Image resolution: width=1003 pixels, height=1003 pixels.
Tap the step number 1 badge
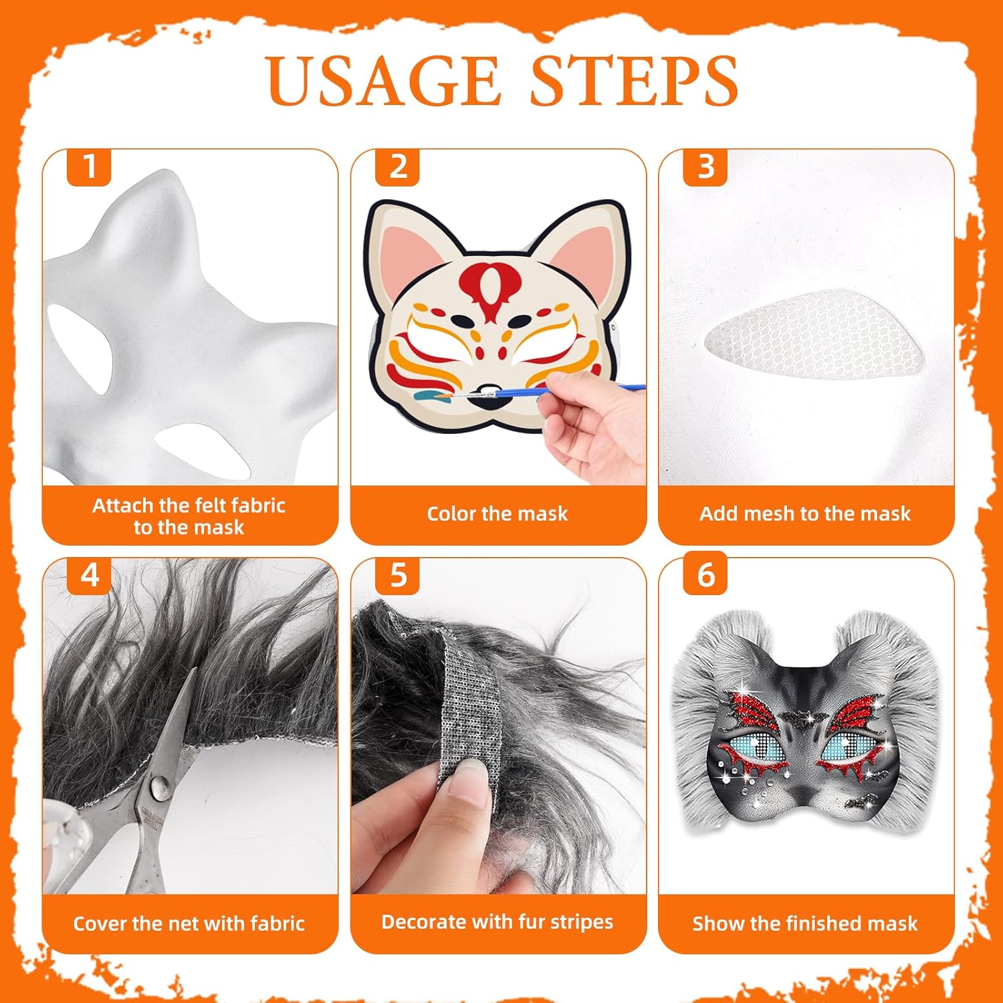(89, 167)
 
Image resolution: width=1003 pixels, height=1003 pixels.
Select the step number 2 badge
(397, 167)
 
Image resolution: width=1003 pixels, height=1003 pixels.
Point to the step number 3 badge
(705, 167)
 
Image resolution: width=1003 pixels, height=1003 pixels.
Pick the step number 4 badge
(89, 575)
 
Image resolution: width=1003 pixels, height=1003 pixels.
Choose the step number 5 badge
(397, 575)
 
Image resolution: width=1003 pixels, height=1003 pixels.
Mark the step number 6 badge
(705, 575)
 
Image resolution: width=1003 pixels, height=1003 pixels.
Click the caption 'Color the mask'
(497, 514)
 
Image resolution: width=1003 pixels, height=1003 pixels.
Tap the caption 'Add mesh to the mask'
(805, 514)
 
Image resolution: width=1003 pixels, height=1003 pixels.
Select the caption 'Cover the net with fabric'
(189, 923)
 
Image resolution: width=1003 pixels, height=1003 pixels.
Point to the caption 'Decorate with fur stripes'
(497, 922)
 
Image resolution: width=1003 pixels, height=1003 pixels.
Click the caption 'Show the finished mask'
(805, 923)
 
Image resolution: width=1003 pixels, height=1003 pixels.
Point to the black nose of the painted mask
(487, 394)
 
